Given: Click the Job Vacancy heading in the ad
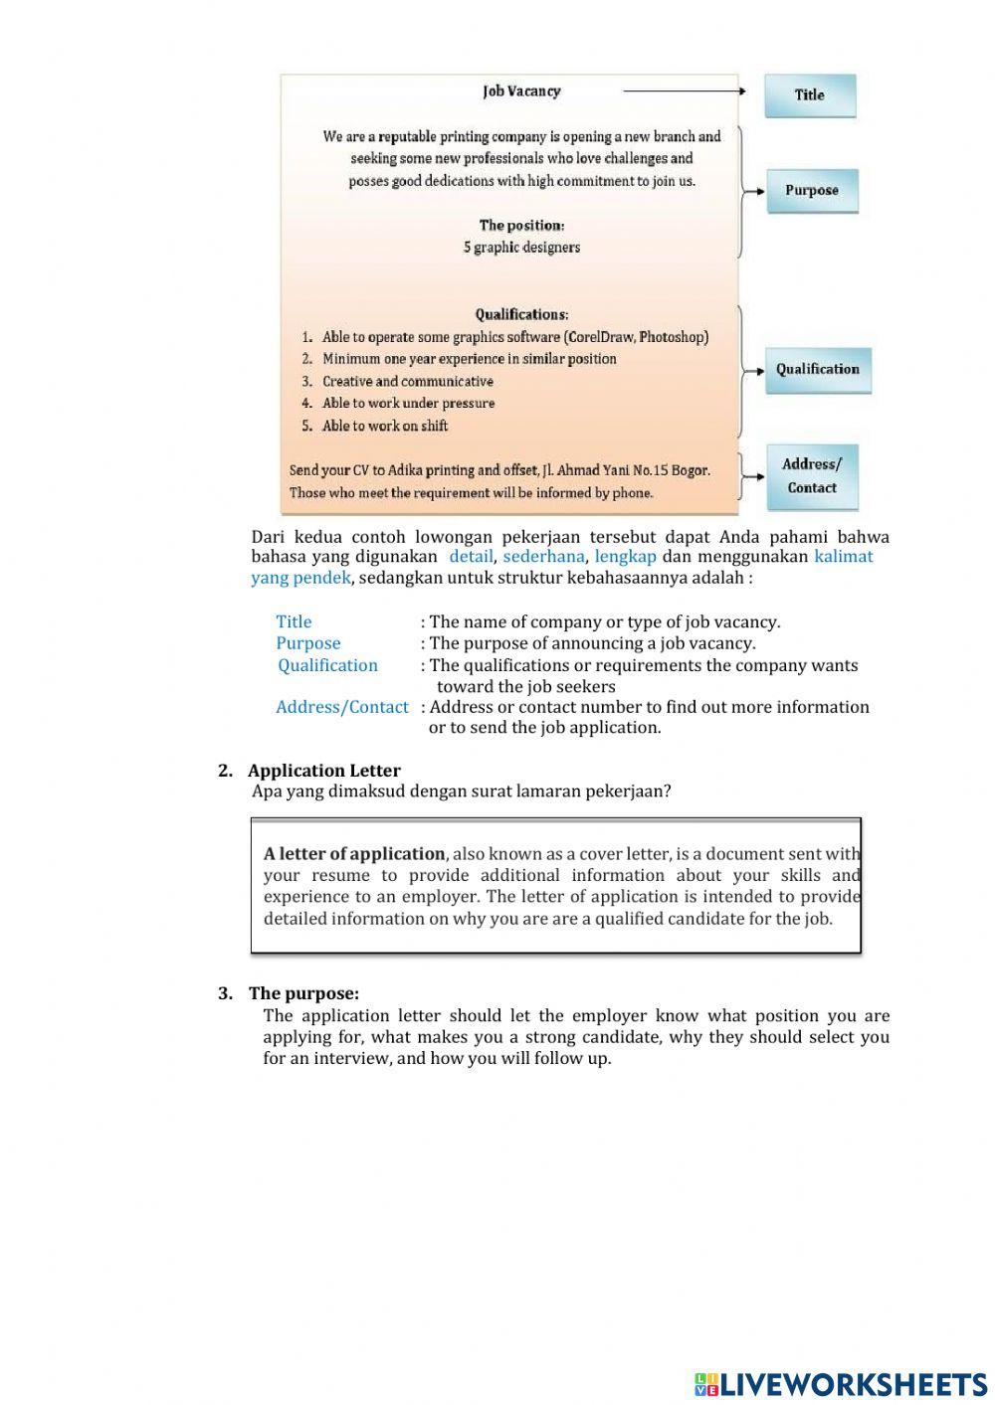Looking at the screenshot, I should (521, 91).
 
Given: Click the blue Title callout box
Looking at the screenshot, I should (809, 95).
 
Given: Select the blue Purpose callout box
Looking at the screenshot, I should (811, 190).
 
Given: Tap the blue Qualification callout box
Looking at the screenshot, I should (817, 369).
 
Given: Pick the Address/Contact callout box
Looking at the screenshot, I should (811, 476).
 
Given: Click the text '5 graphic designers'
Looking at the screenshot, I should (521, 247).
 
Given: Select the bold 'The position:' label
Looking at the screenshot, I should (521, 226).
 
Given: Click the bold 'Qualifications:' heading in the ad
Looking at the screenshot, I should (521, 315).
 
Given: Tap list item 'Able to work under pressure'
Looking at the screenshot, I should (408, 404).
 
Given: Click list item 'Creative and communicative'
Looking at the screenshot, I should (407, 382).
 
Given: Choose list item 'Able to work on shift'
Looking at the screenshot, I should (385, 426).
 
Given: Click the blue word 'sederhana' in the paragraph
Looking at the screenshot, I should (543, 557).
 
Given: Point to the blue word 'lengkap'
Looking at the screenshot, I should (625, 557).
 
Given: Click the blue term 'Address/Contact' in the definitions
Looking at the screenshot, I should (341, 707).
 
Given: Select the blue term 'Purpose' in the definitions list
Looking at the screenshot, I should (307, 643).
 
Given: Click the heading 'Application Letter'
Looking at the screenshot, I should (324, 771).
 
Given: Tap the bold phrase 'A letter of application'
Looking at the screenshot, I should (354, 854).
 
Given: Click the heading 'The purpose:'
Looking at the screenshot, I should (303, 993).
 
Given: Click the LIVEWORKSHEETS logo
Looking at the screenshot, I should (841, 1384).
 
